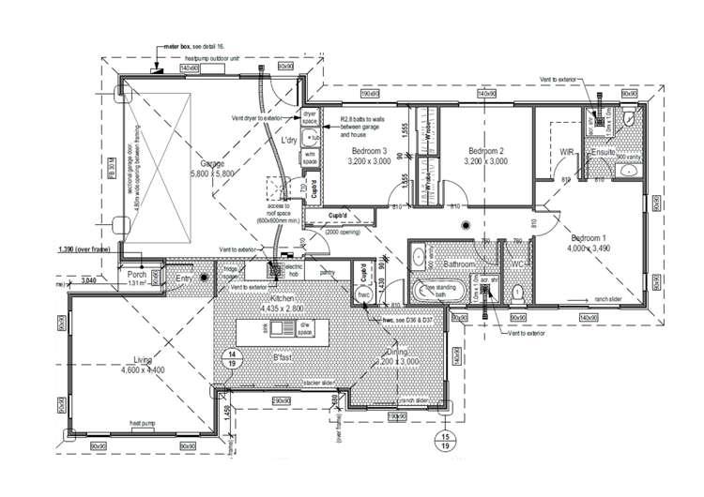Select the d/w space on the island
pos(304,330)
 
